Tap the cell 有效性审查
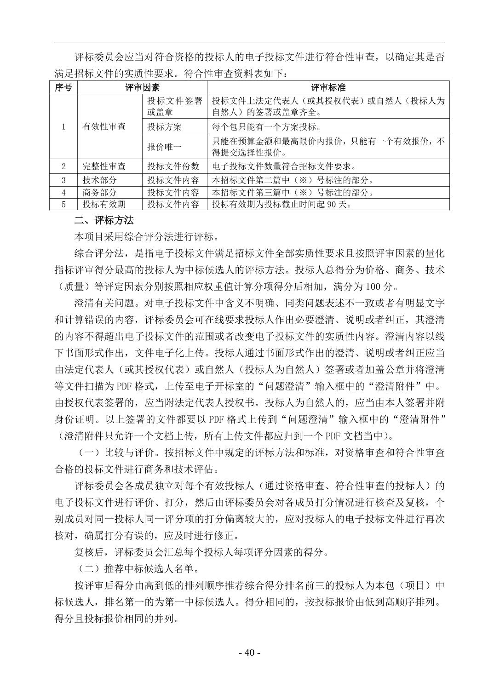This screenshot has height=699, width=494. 104,127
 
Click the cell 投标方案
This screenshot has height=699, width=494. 164,127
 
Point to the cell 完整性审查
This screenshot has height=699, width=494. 104,166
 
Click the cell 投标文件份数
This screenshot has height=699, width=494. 173,166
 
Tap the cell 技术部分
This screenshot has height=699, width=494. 99,180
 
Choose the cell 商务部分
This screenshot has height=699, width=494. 99,192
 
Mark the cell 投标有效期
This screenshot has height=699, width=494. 104,205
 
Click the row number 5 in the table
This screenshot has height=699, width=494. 63,205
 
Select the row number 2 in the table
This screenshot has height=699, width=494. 63,166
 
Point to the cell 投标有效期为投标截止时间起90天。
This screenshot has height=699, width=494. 282,205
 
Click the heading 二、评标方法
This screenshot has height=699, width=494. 104,221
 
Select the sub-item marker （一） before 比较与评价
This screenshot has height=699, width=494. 89,453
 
